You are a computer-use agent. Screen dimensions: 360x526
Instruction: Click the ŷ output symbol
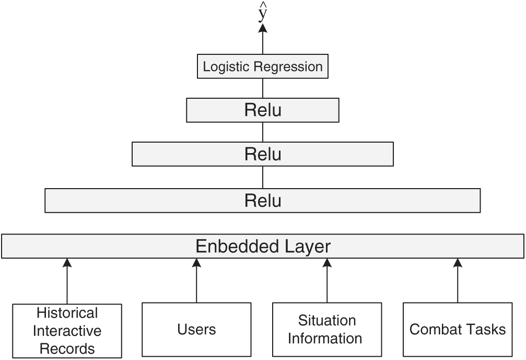click(263, 14)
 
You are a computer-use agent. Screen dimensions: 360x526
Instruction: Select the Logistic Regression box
click(263, 67)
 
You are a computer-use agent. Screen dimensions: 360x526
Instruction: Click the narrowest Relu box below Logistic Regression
click(263, 110)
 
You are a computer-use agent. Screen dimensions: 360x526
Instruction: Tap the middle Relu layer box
click(263, 154)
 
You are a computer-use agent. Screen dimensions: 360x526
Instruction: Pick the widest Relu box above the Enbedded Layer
click(263, 201)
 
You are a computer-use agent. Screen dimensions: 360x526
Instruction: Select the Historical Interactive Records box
click(67, 330)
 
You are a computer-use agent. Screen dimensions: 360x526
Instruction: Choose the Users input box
click(197, 329)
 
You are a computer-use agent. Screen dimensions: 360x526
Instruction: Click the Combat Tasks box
click(458, 329)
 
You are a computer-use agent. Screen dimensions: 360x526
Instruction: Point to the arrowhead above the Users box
click(197, 263)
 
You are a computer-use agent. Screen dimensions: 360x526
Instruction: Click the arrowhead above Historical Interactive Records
click(67, 263)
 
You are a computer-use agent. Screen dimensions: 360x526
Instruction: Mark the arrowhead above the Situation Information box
click(327, 263)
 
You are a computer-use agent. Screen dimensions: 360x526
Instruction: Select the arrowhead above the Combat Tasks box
click(458, 263)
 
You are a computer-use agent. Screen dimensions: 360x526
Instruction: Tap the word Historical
click(67, 313)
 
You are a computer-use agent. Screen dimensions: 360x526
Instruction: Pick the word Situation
click(327, 320)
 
